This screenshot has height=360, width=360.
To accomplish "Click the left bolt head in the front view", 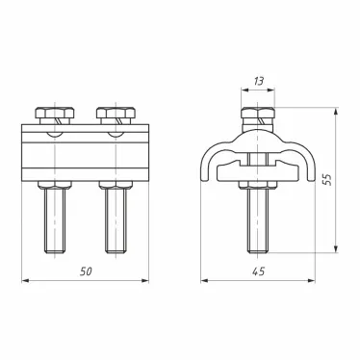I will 50,117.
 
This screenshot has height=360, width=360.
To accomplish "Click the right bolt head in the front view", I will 116,117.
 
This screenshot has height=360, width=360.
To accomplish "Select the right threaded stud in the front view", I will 116,220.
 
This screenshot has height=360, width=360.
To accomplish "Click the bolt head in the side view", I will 257,118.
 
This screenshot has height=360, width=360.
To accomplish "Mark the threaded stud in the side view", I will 257,220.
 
